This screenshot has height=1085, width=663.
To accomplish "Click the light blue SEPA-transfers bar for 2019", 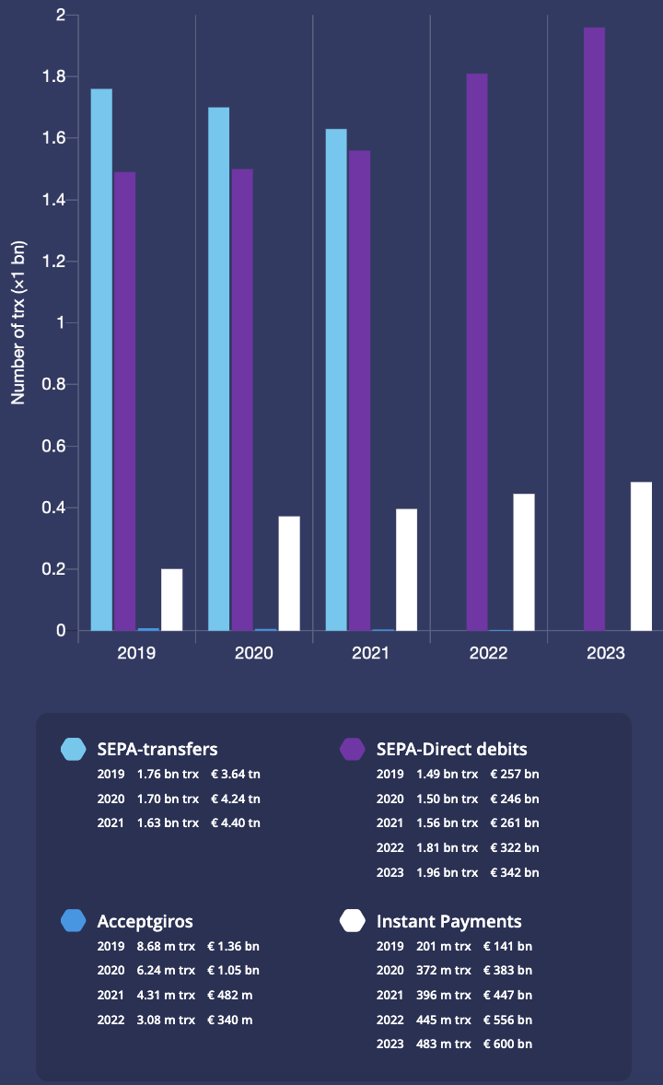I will pyautogui.click(x=101, y=359).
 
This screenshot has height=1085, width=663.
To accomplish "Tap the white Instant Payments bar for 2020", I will pyautogui.click(x=289, y=573).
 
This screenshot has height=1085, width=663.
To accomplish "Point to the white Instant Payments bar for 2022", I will pyautogui.click(x=524, y=562).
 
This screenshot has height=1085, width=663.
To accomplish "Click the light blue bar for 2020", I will pyautogui.click(x=218, y=368).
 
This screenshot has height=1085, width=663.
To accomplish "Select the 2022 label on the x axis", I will pyautogui.click(x=488, y=654).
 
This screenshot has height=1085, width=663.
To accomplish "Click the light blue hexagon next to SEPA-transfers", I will pyautogui.click(x=74, y=749).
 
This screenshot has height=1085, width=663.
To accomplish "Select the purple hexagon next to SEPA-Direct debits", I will pyautogui.click(x=353, y=749).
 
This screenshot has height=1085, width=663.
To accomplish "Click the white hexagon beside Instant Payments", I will pyautogui.click(x=353, y=921).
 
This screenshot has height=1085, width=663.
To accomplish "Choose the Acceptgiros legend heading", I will pyautogui.click(x=145, y=921).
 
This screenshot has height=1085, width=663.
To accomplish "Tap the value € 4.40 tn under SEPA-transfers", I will pyautogui.click(x=235, y=822).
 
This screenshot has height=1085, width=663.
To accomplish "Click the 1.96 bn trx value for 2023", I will pyautogui.click(x=447, y=872).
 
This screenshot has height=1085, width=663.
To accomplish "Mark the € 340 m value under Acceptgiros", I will pyautogui.click(x=230, y=1020).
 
